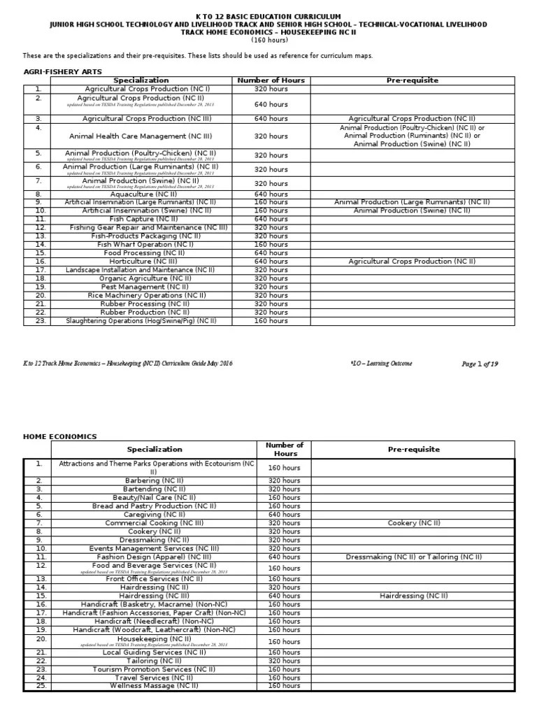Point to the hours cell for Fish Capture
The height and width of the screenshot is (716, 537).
coord(271,219)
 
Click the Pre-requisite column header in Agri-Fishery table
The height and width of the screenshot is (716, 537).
coord(412,80)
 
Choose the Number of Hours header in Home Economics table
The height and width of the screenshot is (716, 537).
coord(285,449)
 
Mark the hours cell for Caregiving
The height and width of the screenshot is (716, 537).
coord(285,514)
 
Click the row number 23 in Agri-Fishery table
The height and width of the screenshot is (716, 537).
coord(38,321)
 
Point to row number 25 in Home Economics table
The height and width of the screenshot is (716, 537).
coord(40,686)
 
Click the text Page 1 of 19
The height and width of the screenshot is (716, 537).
coord(480,364)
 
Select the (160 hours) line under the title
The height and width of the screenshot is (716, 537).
coord(268,40)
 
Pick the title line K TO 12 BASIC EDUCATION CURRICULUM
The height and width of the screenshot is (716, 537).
coord(268,15)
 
